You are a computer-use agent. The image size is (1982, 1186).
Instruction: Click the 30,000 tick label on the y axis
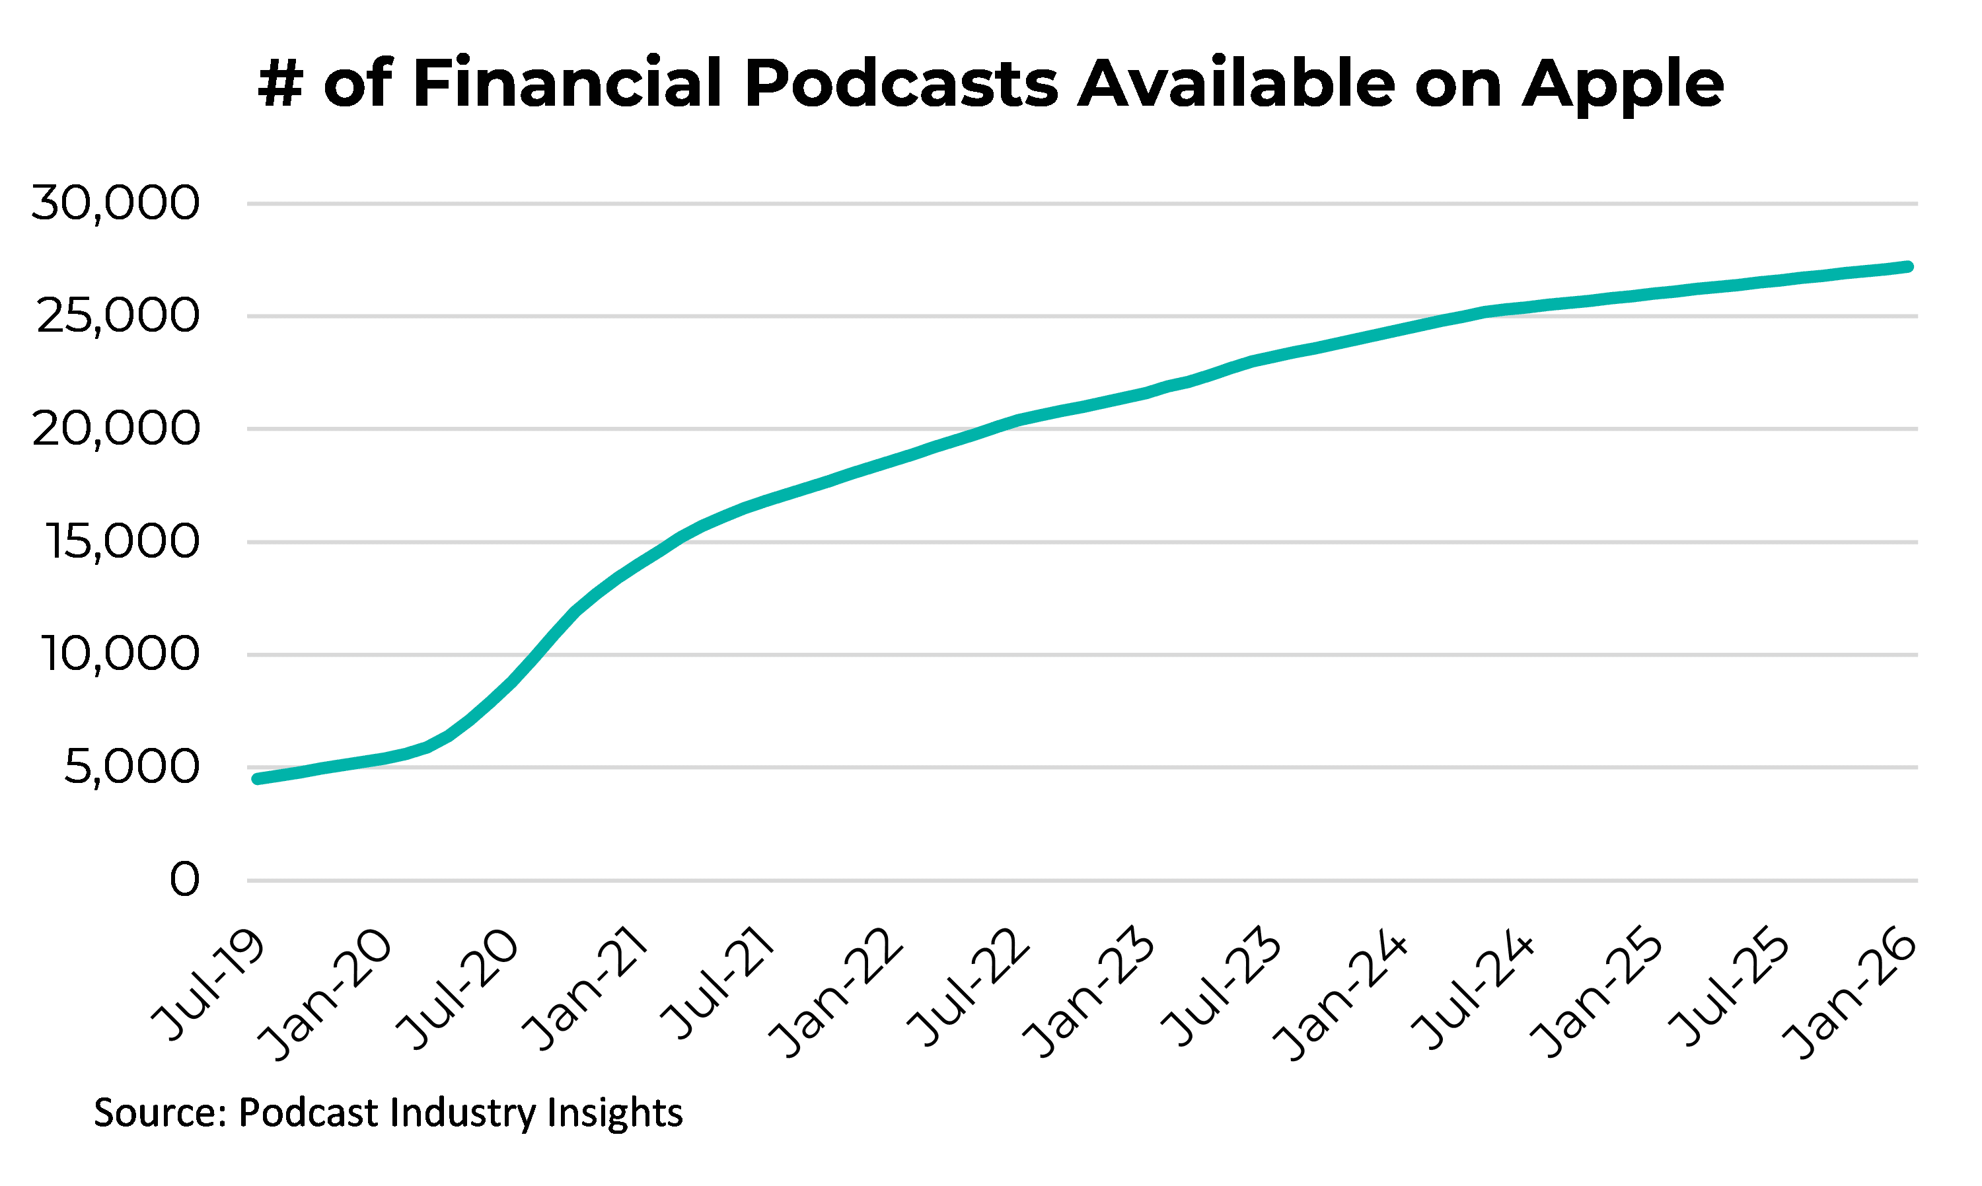[x=115, y=203]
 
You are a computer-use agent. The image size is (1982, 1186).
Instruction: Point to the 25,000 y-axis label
[x=118, y=316]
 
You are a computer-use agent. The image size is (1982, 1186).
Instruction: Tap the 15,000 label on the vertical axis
[x=122, y=542]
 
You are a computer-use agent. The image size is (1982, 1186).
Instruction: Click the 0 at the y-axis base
[x=184, y=880]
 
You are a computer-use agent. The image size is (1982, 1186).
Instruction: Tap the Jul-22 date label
[x=969, y=988]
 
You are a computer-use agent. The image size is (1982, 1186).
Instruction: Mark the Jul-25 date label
[x=1730, y=988]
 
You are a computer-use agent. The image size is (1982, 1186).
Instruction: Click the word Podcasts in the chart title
[x=901, y=83]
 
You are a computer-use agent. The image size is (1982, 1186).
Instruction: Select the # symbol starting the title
[x=280, y=83]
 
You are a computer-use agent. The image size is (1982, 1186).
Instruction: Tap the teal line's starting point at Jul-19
[x=257, y=778]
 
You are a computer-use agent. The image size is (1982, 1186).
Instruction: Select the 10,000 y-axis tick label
[x=120, y=655]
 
